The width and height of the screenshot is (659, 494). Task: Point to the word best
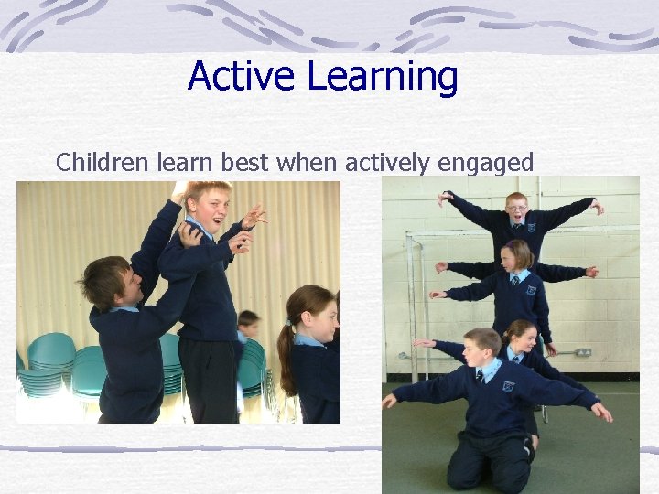pos(241,163)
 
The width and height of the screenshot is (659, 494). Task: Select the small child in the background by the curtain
pos(247,324)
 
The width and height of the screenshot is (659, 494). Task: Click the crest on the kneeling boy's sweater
pos(508,386)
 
